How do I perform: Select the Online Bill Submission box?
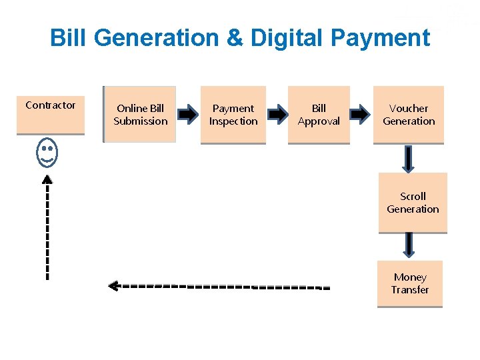click(140, 115)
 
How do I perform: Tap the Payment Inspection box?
click(233, 115)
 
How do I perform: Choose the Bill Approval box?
click(319, 115)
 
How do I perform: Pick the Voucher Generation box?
click(409, 115)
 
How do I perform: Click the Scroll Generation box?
click(413, 203)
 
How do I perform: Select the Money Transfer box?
click(409, 283)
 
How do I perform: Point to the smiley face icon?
click(47, 153)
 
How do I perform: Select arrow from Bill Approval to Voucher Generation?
click(361, 115)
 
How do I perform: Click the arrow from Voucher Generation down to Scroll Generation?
click(409, 159)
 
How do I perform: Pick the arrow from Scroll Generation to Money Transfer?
click(409, 245)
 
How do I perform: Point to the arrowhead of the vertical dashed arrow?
click(47, 179)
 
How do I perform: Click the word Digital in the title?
click(287, 38)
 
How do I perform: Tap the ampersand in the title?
click(235, 38)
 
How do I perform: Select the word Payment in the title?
click(380, 38)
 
